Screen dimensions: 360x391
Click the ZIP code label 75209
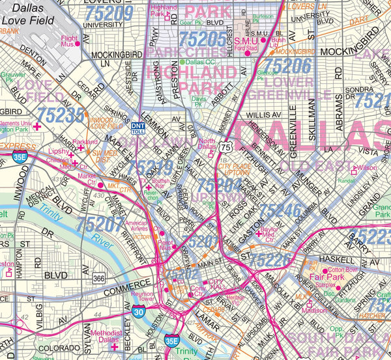coord(113,12)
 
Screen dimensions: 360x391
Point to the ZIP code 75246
coord(281,210)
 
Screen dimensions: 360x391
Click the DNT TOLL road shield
coord(138,128)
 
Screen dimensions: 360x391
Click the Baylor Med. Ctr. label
coord(268,232)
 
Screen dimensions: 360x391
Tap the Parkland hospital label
coord(85,142)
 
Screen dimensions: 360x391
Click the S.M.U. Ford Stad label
coord(247,43)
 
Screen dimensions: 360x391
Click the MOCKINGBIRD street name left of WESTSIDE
coord(117,55)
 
